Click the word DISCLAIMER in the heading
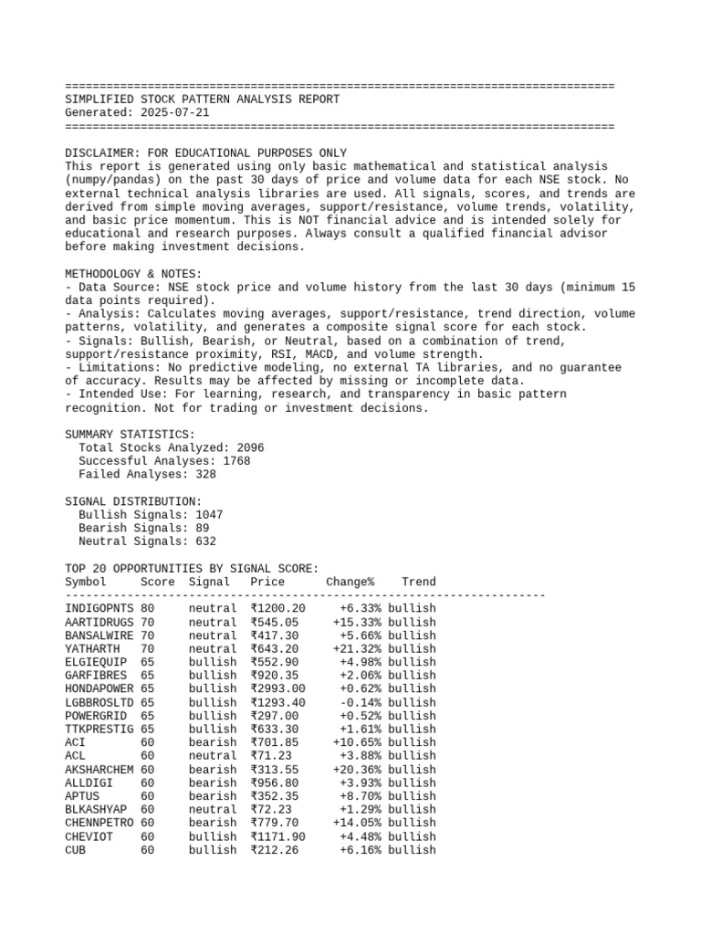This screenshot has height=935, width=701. pyautogui.click(x=99, y=152)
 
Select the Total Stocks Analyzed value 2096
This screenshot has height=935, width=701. pyautogui.click(x=250, y=447)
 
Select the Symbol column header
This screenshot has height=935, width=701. pyautogui.click(x=86, y=582)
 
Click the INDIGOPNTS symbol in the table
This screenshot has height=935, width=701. pyautogui.click(x=99, y=608)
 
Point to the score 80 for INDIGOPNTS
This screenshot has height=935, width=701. pyautogui.click(x=148, y=608)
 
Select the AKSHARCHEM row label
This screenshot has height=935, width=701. pyautogui.click(x=99, y=769)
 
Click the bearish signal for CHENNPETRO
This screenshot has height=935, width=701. pyautogui.click(x=213, y=823)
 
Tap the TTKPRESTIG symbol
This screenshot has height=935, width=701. pyautogui.click(x=99, y=729)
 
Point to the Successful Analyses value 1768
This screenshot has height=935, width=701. pyautogui.click(x=236, y=461)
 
